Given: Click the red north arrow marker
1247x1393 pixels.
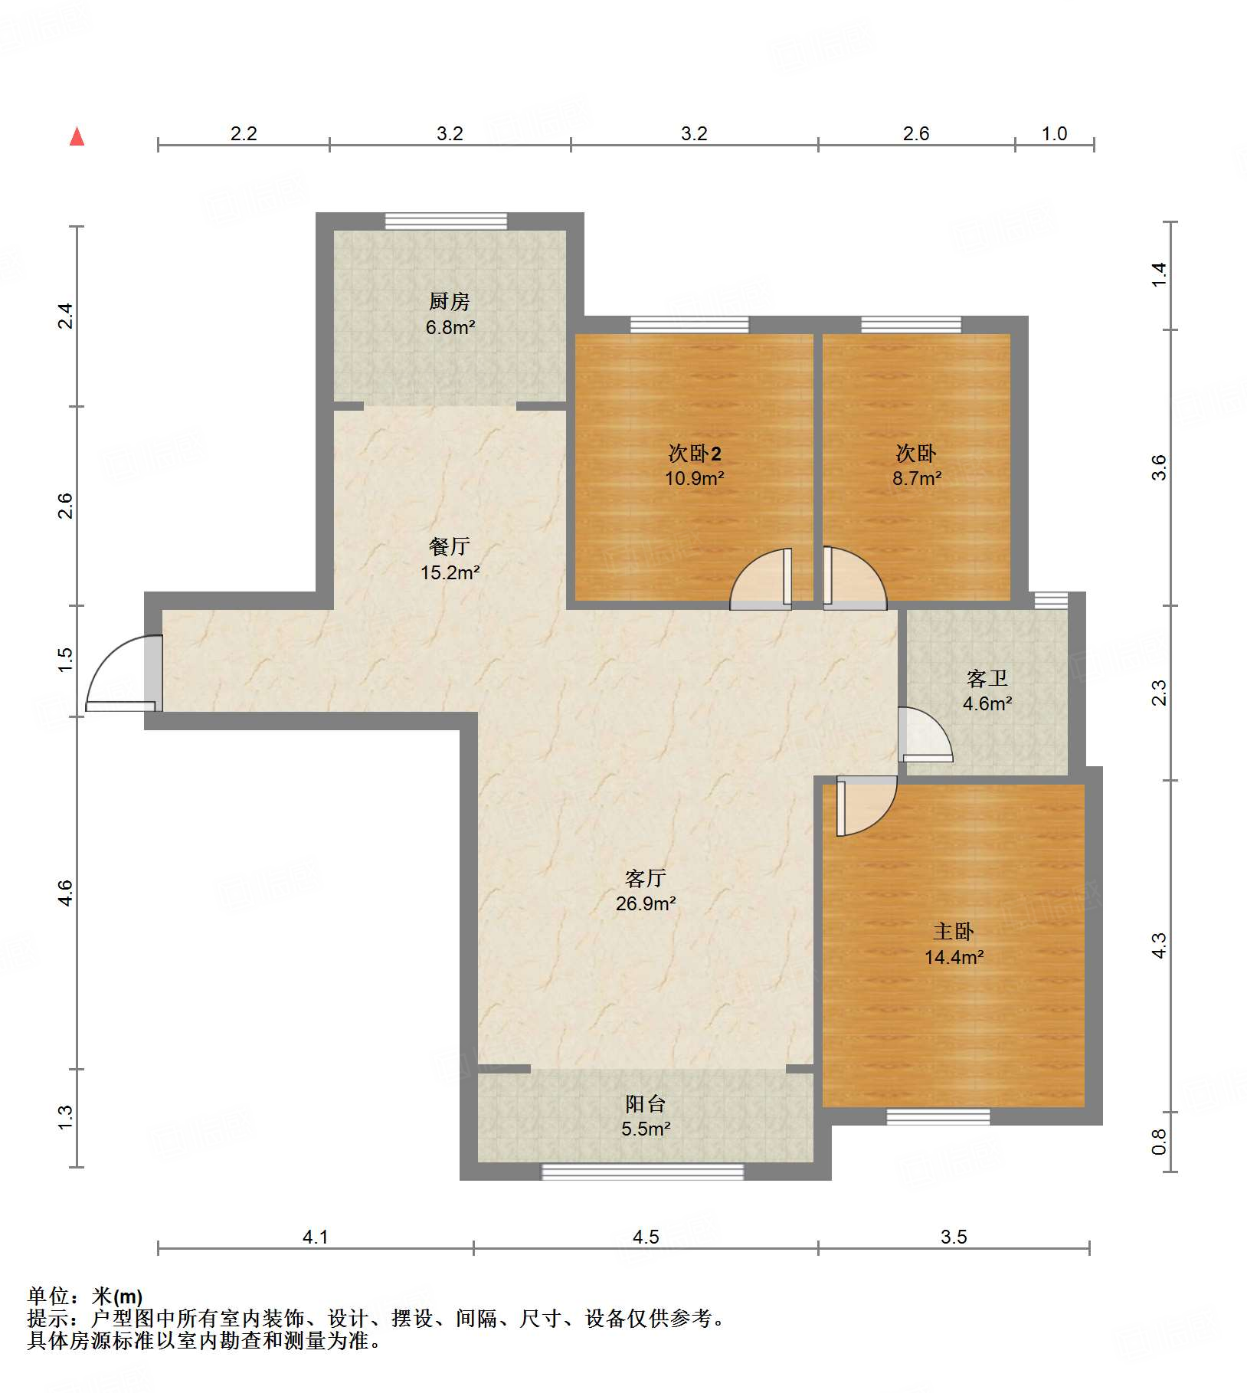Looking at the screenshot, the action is coord(77,136).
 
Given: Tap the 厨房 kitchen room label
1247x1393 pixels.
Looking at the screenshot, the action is coord(450,301).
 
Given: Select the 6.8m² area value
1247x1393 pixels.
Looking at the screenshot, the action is coord(450,327).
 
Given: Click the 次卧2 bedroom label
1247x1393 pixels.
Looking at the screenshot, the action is coord(695,454).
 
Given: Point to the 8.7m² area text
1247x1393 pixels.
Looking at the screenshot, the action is coord(917,478).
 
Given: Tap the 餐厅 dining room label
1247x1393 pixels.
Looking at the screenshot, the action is coord(450,546).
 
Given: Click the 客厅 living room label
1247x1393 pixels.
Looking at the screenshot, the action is coord(646,877).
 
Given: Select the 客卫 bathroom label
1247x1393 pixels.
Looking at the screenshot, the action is coord(987,678).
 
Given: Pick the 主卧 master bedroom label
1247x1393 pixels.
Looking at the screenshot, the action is coord(954,931).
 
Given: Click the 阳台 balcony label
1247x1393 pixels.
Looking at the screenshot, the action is coord(646,1103).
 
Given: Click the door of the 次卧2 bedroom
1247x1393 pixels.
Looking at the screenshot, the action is coord(761,579).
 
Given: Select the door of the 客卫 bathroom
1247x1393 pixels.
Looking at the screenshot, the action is coord(925,734).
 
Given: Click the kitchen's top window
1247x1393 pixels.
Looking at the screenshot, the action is coord(446,221).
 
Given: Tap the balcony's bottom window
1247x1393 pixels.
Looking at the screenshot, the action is coord(643,1172).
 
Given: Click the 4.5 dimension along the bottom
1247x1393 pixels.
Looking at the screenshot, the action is coord(646,1237).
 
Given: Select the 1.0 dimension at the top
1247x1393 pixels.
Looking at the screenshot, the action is coord(1055,133).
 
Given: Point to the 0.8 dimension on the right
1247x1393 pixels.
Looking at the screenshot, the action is coord(1159,1142).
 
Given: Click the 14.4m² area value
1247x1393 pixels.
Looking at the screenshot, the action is coord(954,957).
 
